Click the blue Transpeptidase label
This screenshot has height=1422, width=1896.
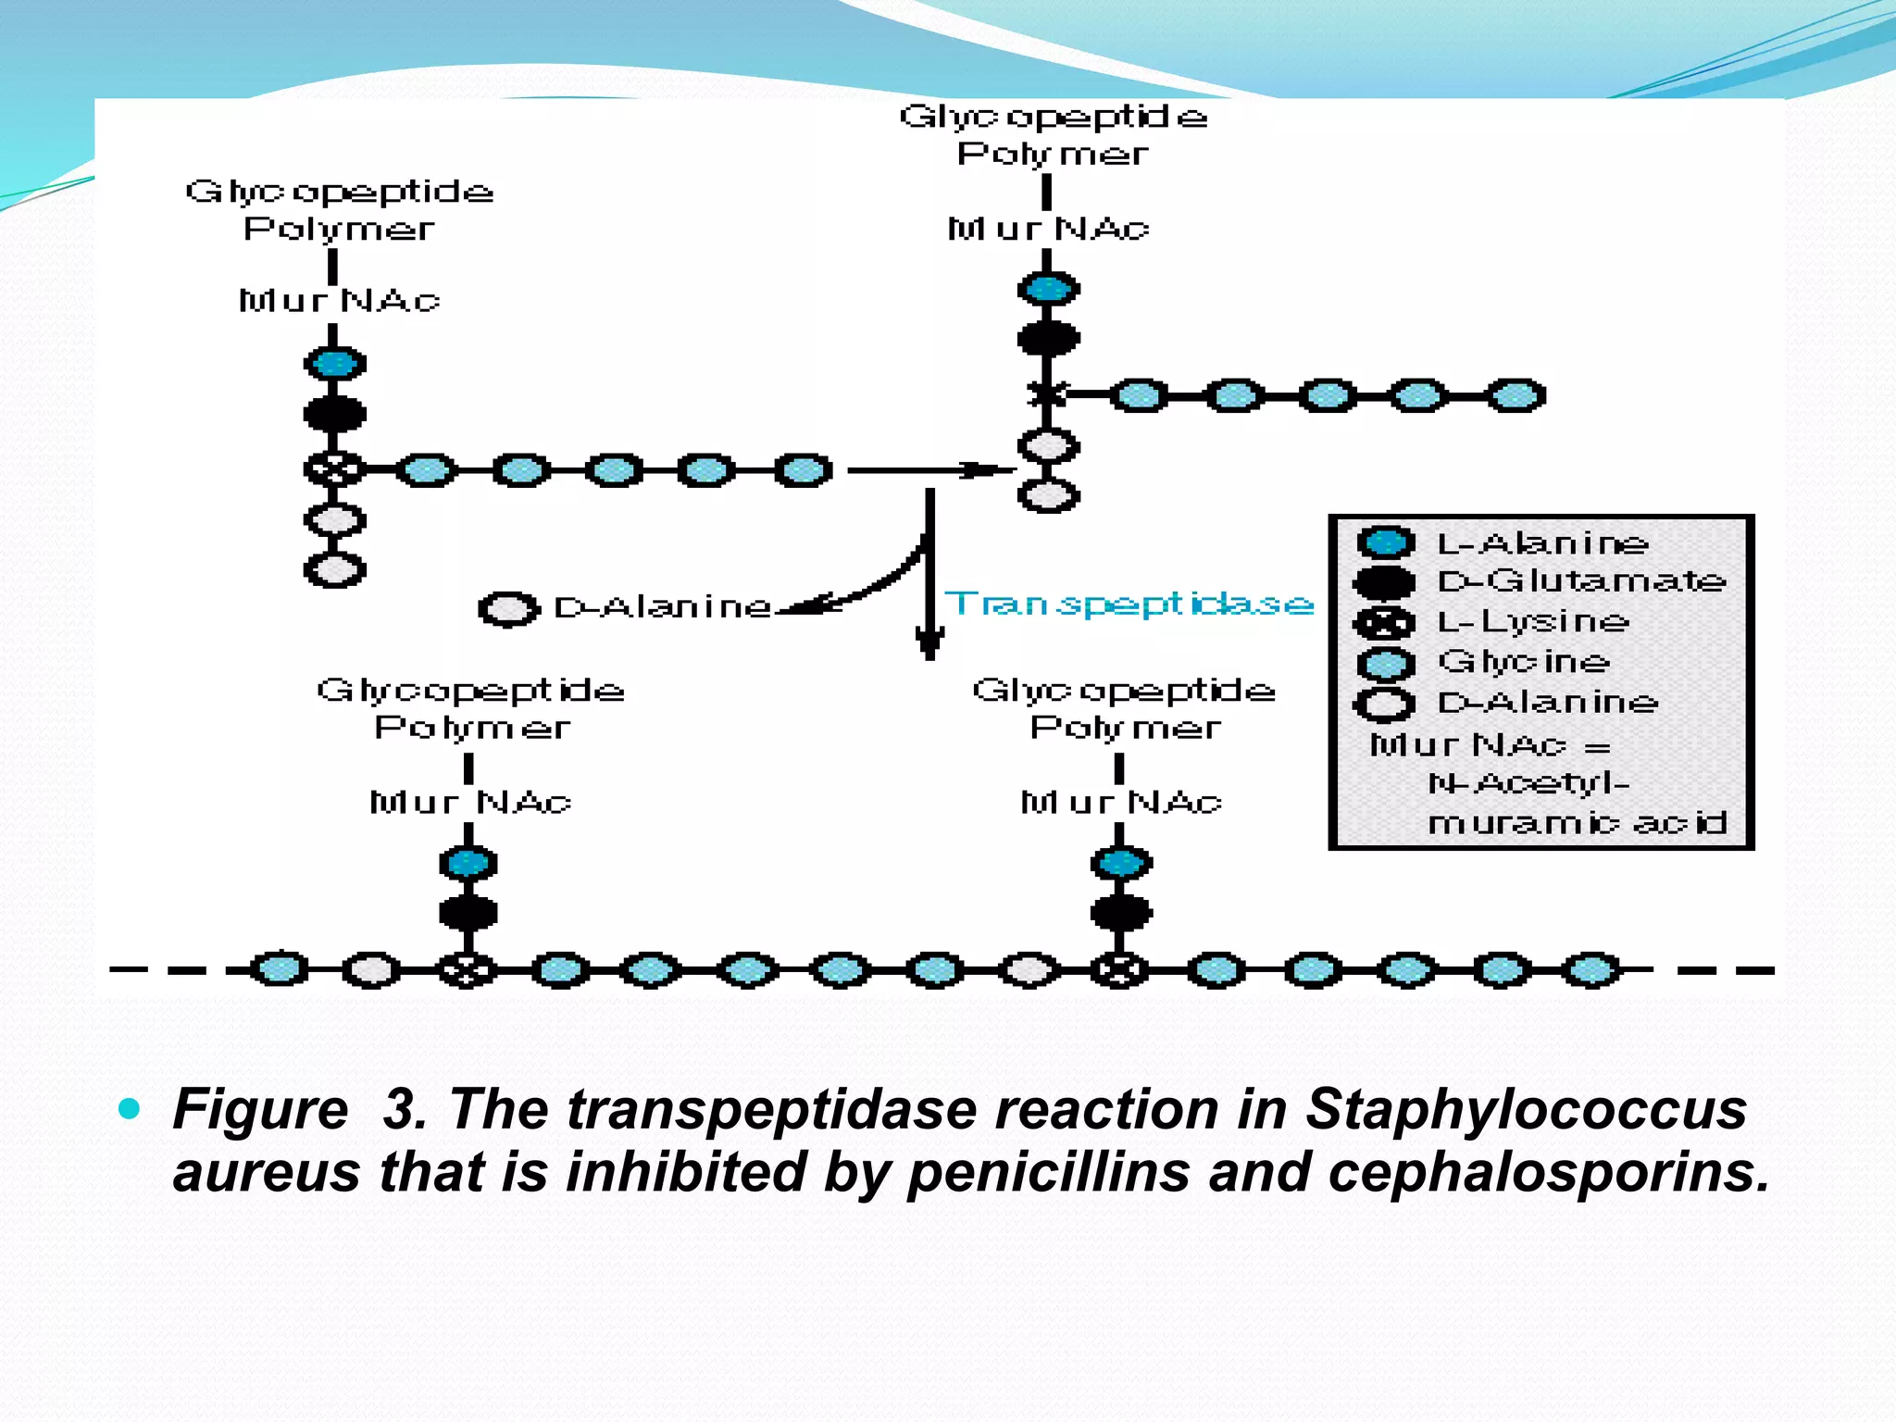point(1129,604)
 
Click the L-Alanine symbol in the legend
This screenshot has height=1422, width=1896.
point(1385,542)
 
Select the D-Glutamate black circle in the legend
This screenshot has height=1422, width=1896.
point(1385,582)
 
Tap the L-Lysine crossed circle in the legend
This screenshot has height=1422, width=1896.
point(1385,623)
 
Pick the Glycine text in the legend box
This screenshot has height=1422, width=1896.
point(1524,662)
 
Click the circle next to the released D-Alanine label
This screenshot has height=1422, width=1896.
point(508,609)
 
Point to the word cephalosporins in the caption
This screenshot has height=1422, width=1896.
point(1548,1172)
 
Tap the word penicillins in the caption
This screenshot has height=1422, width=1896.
point(1049,1172)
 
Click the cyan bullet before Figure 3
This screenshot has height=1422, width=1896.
point(130,1108)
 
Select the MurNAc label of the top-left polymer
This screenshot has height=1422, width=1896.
point(339,301)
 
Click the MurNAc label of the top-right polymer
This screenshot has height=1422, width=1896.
point(1047,229)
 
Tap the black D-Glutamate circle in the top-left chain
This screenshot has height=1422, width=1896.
point(335,414)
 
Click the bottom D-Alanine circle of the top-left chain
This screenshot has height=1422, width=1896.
point(335,569)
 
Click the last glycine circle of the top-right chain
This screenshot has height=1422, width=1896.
point(1516,395)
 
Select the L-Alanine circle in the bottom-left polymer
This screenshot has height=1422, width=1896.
point(468,863)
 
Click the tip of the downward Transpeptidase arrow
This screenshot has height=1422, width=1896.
point(929,655)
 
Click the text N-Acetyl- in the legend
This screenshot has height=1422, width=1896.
point(1528,784)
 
